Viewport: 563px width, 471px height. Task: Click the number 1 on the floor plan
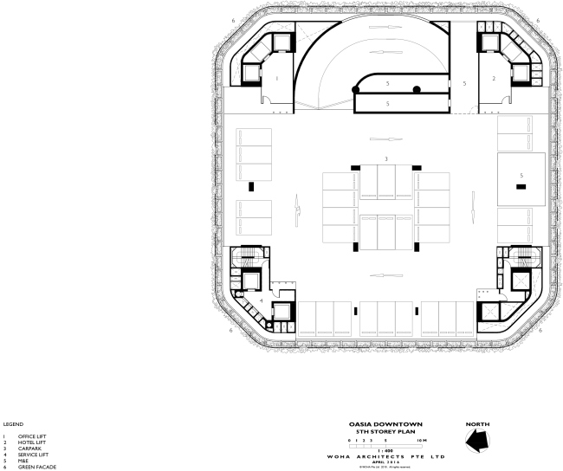(x=276, y=78)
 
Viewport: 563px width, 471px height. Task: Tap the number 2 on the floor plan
(x=493, y=78)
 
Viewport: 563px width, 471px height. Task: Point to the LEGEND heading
(x=13, y=423)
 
